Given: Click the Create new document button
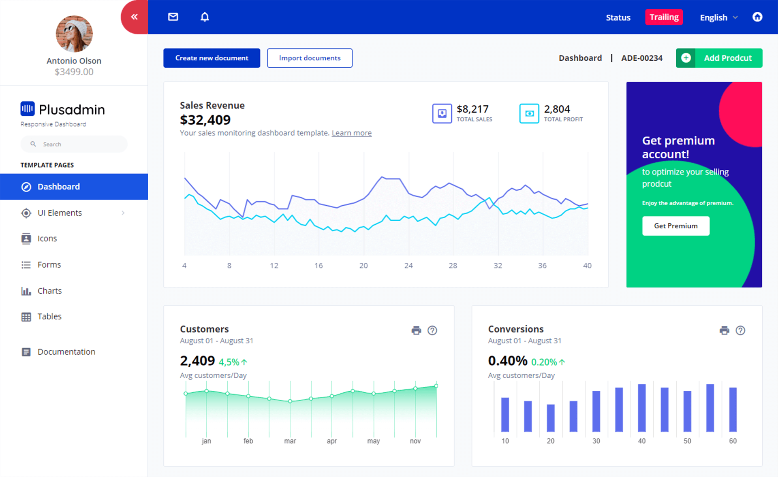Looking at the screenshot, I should [212, 58].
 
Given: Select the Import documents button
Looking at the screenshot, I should [310, 58].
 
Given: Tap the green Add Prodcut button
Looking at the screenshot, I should [719, 58].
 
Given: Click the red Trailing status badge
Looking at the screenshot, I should [664, 17].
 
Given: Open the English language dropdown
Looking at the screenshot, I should [718, 17].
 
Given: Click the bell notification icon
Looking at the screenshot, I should [205, 17].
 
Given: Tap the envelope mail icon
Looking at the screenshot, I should [173, 17].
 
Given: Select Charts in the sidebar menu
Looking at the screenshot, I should [49, 291].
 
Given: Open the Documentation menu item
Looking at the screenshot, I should [66, 351].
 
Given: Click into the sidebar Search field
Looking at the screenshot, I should [77, 144].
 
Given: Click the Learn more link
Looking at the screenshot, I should [351, 133].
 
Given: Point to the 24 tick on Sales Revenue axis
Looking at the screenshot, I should [408, 266].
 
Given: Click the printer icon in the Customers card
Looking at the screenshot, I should [416, 330].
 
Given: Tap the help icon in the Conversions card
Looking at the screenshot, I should [740, 330].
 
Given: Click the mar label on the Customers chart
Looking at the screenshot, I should [290, 441].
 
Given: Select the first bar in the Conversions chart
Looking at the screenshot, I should [505, 414].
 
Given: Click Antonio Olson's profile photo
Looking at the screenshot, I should [74, 34].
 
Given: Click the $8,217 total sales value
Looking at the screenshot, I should [472, 109].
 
